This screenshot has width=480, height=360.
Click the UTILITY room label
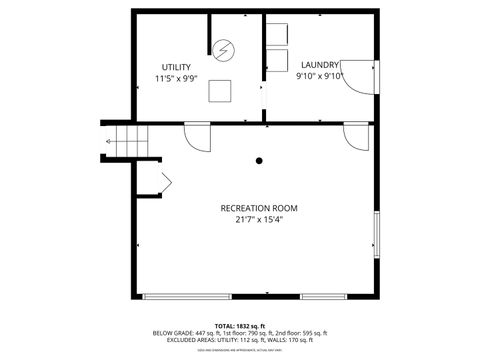[x=177, y=67]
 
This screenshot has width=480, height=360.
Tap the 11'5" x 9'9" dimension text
[x=177, y=78]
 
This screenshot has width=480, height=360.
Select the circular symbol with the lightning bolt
[x=224, y=49]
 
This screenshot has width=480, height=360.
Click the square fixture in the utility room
[x=220, y=91]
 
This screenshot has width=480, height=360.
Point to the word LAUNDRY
[x=320, y=65]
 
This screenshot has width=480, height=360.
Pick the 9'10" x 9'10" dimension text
[x=320, y=76]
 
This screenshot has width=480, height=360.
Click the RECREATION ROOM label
[x=259, y=208]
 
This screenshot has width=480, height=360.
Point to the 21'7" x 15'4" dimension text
[x=259, y=220]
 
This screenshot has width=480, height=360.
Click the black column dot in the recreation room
[x=259, y=160]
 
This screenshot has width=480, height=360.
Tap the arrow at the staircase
[x=108, y=142]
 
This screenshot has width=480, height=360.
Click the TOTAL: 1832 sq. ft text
[x=240, y=326]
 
